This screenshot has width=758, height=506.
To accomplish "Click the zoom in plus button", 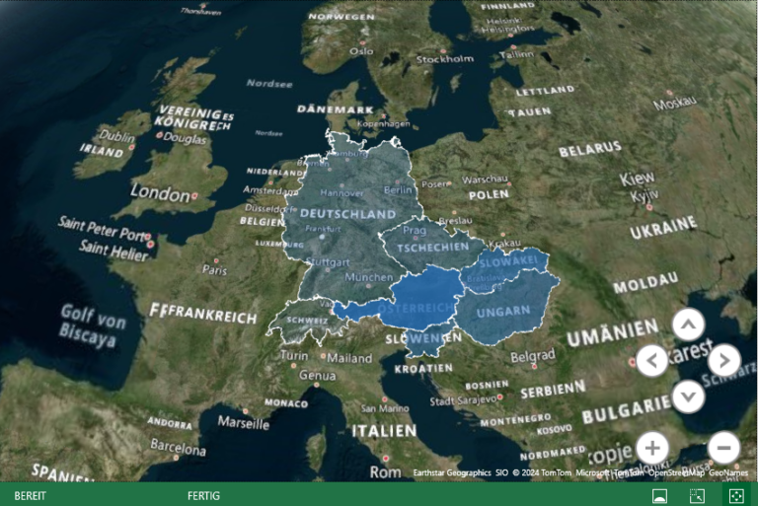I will pyautogui.click(x=652, y=448).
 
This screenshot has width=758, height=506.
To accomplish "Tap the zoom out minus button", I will pyautogui.click(x=723, y=448).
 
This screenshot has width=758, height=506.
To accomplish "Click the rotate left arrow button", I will pyautogui.click(x=652, y=360).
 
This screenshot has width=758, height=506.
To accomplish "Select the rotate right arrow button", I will pyautogui.click(x=723, y=360).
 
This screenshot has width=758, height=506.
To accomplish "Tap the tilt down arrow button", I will pyautogui.click(x=688, y=397).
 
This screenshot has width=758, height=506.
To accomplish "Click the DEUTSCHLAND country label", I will pyautogui.click(x=347, y=213).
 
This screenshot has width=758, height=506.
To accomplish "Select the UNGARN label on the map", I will pyautogui.click(x=503, y=312).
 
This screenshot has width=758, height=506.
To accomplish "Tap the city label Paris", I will pyautogui.click(x=214, y=268).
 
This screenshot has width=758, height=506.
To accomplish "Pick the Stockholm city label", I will pyautogui.click(x=445, y=59).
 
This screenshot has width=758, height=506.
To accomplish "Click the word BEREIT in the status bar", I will pyautogui.click(x=30, y=495).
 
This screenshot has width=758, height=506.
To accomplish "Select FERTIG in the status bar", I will pyautogui.click(x=203, y=495).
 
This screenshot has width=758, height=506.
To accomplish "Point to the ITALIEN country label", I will pyautogui.click(x=385, y=431).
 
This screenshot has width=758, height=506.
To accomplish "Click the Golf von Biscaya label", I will pyautogui.click(x=93, y=325).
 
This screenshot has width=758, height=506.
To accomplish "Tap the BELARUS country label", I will pyautogui.click(x=590, y=151).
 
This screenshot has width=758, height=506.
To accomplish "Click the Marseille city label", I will pyautogui.click(x=243, y=422).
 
